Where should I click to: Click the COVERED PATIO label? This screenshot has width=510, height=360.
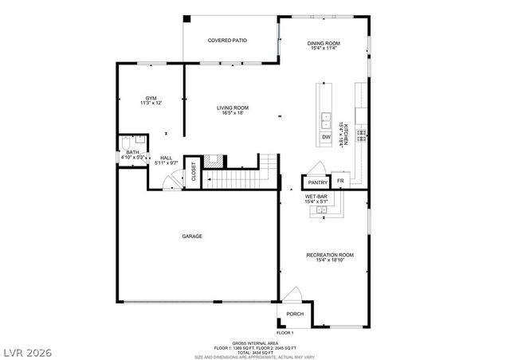[x=227, y=40]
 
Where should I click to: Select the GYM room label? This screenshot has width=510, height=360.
[x=151, y=100]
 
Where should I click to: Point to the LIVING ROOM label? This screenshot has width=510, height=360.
[x=233, y=110]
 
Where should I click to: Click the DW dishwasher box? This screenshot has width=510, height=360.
[x=326, y=138]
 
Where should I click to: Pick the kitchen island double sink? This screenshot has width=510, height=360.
[x=326, y=120]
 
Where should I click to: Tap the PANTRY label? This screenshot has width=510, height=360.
[x=317, y=182]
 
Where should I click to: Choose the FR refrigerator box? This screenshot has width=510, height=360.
[x=340, y=182]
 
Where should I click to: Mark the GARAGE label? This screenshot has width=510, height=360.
[x=191, y=236]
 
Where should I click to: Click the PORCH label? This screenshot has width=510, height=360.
[x=296, y=314]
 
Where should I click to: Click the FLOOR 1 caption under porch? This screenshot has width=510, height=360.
[x=285, y=332]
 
